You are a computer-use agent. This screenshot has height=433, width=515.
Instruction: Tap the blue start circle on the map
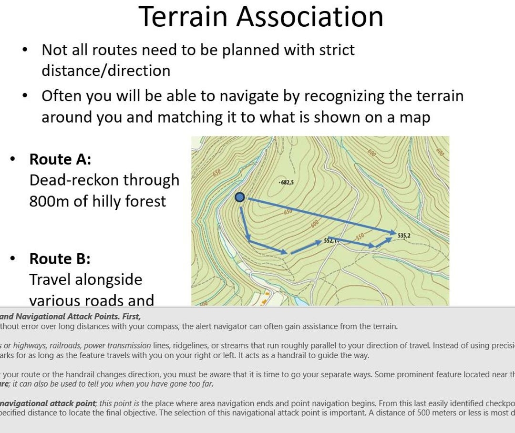[x=240, y=197]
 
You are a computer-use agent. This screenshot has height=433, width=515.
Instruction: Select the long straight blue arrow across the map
[x=319, y=215]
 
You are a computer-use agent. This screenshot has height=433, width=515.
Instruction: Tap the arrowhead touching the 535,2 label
[x=390, y=233]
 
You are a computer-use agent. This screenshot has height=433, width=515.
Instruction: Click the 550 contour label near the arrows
[x=359, y=236]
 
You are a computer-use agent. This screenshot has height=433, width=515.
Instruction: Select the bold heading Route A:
[x=60, y=159]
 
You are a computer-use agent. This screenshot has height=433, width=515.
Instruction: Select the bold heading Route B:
[x=60, y=258]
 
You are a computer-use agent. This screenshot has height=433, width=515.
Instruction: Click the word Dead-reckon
[x=74, y=180]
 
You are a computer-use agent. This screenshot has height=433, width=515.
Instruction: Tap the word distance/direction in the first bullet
[x=106, y=71]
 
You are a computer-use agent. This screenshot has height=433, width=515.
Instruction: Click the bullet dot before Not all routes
[x=25, y=50]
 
